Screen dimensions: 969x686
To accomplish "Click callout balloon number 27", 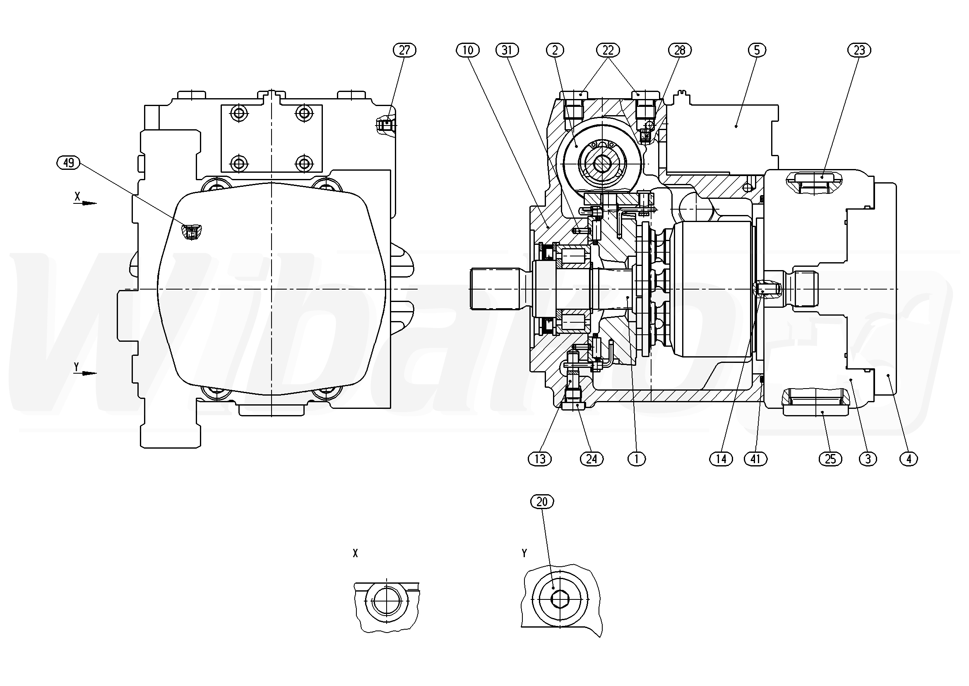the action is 404,50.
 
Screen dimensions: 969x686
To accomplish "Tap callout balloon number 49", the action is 68,163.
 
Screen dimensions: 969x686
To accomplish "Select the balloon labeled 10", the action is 468,50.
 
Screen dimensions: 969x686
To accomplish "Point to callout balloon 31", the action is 507,50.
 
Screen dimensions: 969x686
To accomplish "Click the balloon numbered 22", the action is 608,50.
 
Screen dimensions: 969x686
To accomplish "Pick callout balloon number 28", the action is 680,50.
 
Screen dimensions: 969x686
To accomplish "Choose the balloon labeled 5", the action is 757,50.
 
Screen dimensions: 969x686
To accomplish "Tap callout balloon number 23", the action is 859,50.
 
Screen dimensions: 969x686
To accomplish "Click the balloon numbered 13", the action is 540,459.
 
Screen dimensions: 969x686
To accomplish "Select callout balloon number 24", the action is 591,459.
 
